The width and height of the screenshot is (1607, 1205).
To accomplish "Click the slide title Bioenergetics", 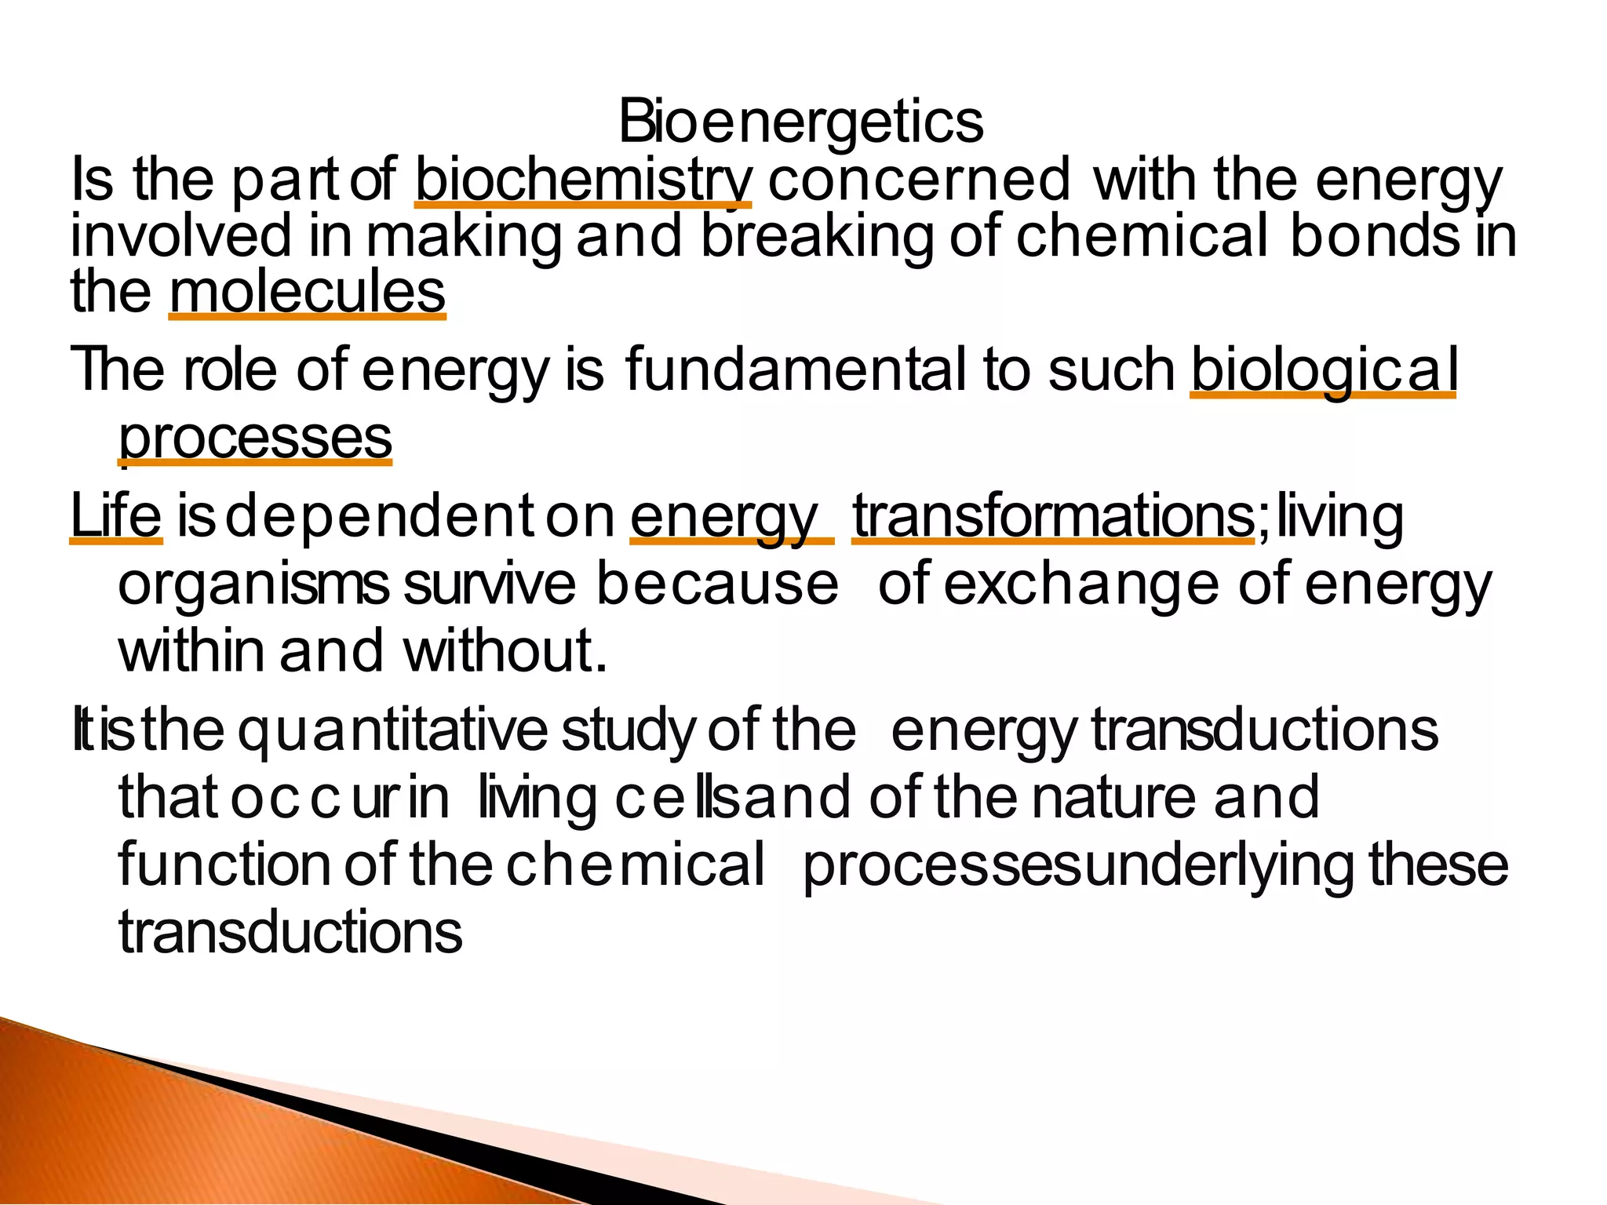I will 800,122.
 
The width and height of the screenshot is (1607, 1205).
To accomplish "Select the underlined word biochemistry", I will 583,180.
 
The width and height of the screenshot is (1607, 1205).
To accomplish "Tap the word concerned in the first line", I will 919,180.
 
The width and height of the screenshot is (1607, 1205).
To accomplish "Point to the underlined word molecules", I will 307,292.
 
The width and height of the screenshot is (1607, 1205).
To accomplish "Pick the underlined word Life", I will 116,516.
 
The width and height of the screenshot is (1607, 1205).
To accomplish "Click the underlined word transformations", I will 1054,516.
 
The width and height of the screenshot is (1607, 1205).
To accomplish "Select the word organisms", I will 253,584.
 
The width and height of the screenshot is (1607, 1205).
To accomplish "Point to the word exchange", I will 1081,584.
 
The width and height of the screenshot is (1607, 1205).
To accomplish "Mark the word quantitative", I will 392,730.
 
